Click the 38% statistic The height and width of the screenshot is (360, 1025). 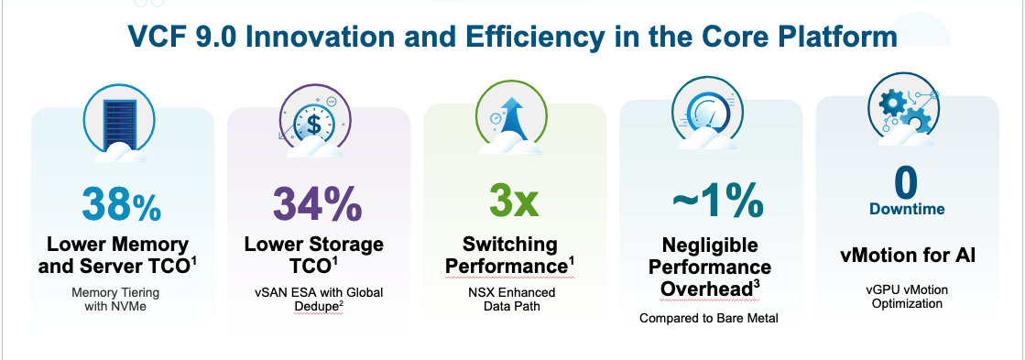[x=121, y=204]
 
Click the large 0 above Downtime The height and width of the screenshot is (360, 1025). [x=906, y=181]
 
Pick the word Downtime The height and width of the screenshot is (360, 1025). [x=906, y=210]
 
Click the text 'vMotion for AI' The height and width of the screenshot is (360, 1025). [x=907, y=255]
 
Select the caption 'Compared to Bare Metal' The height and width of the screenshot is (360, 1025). [x=710, y=319]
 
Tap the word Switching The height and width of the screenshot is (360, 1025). [x=511, y=245]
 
